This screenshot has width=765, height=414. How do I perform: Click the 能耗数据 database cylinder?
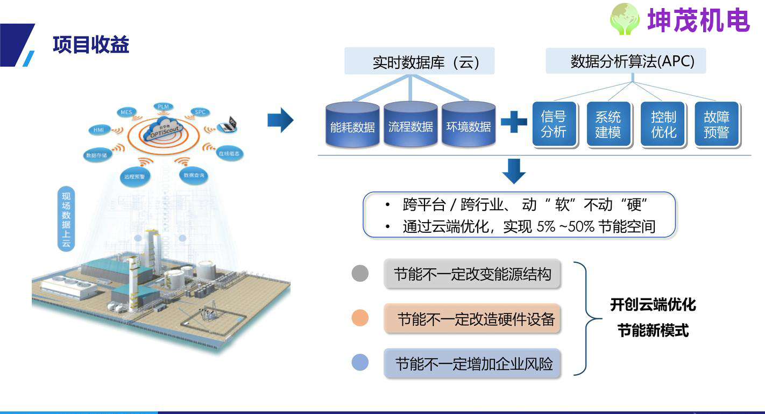click(352, 125)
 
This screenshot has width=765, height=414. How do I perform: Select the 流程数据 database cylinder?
click(410, 125)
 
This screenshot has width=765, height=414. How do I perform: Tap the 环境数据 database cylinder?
click(469, 125)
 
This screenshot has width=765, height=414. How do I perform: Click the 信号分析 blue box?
click(554, 124)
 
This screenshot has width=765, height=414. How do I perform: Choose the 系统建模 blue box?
click(608, 124)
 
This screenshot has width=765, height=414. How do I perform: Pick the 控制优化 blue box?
click(663, 124)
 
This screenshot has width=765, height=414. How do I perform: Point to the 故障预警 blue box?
click(717, 124)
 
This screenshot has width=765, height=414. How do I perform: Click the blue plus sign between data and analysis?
click(514, 122)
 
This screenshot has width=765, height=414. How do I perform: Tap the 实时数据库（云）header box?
click(419, 62)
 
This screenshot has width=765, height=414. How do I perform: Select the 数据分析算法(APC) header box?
click(626, 61)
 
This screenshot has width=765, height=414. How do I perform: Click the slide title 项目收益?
click(91, 45)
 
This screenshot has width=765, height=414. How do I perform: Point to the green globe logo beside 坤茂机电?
click(625, 19)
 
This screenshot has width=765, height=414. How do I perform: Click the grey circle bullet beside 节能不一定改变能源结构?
click(360, 273)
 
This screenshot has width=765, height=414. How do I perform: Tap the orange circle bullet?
click(360, 318)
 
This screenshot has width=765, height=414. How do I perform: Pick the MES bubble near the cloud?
click(126, 112)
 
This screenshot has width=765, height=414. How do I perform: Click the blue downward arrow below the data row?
click(513, 171)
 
